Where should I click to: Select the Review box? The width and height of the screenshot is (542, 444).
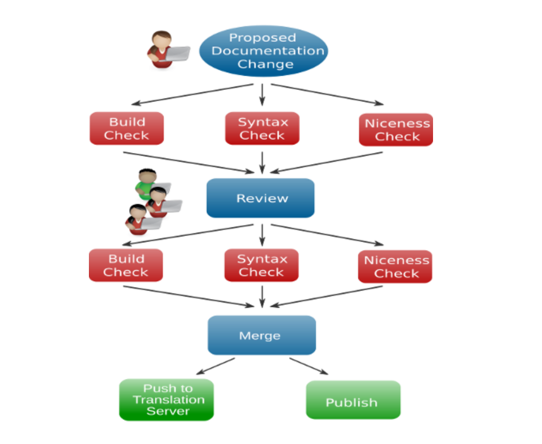pos(260,198)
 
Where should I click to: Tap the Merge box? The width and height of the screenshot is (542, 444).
pos(262,336)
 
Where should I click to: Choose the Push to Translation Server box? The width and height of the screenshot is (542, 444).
pos(166,400)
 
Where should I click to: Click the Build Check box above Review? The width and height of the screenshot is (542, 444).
pos(127,128)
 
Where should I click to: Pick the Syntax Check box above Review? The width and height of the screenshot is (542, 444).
pos(262,128)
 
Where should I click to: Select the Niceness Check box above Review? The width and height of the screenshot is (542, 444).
pos(396,129)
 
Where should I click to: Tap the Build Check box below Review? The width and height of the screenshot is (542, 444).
pos(126,266)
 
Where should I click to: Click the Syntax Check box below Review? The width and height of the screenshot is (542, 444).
pos(261,266)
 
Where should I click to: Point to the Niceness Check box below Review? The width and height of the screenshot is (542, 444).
pos(396,267)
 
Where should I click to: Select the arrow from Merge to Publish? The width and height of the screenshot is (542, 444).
pos(309,366)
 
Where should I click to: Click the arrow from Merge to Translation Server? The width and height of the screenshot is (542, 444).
pos(218,366)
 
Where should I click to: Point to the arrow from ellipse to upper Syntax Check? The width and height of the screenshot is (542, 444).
pos(262,95)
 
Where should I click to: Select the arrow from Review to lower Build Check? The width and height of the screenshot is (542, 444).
pos(189,234)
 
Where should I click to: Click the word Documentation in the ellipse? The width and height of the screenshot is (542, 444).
pos(267,51)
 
